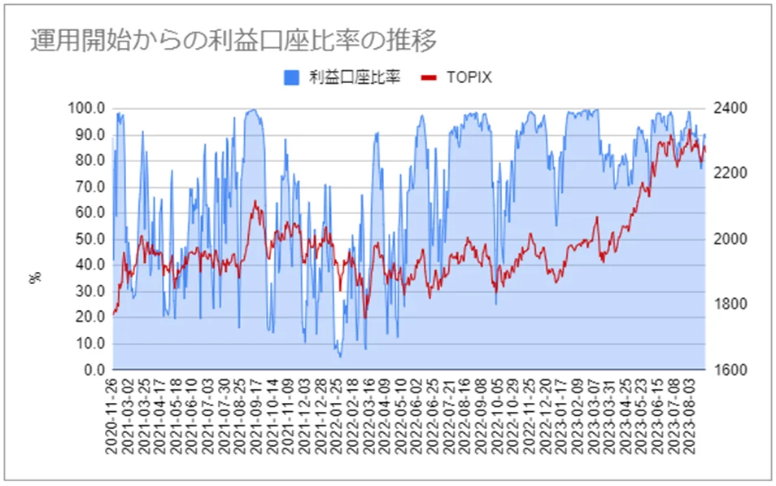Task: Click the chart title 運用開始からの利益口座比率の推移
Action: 233,40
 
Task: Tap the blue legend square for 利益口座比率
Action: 291,78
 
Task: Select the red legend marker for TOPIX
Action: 429,78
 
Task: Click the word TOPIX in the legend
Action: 469,78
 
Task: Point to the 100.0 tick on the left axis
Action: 86,108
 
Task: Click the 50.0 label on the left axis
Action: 90,239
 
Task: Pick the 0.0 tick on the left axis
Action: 94,370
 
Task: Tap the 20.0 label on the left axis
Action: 90,317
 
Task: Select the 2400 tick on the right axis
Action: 730,108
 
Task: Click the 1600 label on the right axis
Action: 730,370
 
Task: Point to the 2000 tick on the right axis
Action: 730,239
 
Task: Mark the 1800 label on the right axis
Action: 730,304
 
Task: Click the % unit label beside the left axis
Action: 35,278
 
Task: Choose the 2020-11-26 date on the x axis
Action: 112,417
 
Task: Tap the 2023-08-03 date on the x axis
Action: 688,417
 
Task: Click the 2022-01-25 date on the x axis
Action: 336,417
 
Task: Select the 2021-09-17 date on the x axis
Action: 256,417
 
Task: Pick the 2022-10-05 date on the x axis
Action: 496,417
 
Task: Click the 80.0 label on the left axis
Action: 90,160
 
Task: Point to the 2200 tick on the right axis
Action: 730,173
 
